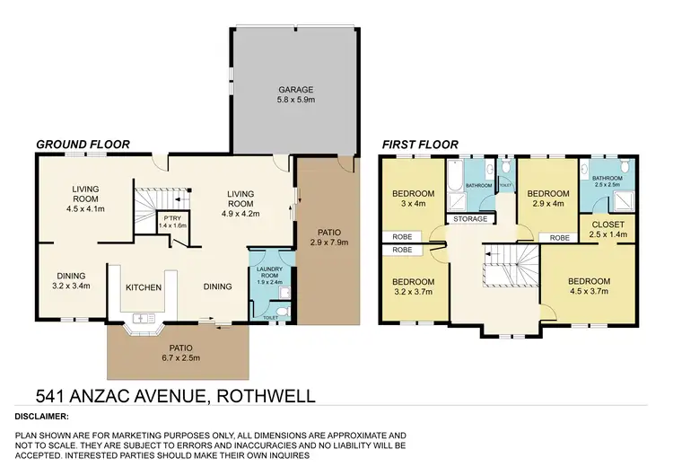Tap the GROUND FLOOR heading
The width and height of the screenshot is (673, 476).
pyautogui.click(x=83, y=144)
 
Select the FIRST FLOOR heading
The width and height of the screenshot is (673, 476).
pyautogui.click(x=420, y=144)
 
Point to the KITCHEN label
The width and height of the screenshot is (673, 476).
pyautogui.click(x=143, y=287)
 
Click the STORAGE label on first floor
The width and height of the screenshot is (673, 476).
pyautogui.click(x=470, y=218)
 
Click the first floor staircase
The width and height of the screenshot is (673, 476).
pyautogui.click(x=500, y=267)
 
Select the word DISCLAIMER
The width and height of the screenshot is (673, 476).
pyautogui.click(x=42, y=417)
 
